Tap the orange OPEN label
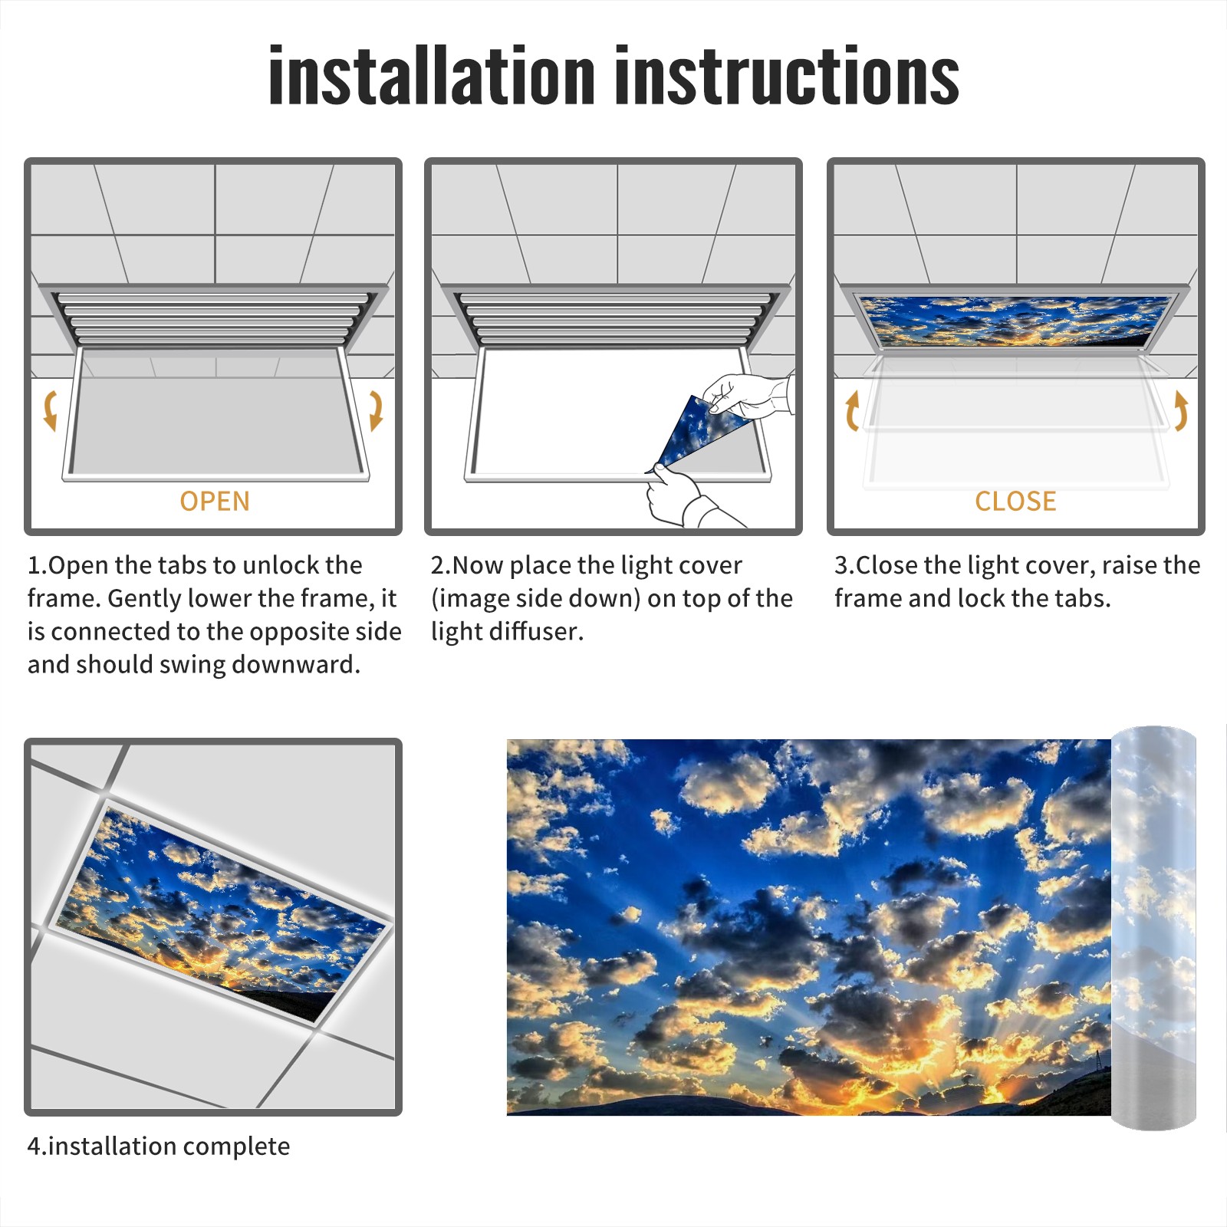[215, 502]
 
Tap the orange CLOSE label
[1015, 502]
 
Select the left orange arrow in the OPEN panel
[50, 410]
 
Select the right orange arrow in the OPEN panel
[376, 410]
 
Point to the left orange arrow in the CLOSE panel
[852, 410]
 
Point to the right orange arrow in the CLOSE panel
[1181, 410]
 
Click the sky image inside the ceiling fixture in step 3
[1015, 321]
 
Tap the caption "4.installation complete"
[159, 1146]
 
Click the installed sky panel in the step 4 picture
[221, 913]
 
